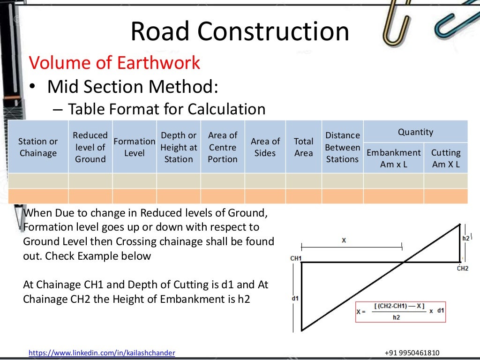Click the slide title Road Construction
(x=240, y=32)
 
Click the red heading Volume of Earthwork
(x=114, y=63)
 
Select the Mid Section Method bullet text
(x=133, y=87)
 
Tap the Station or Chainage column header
(x=38, y=147)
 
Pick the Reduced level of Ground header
(x=90, y=147)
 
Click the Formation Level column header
(x=135, y=147)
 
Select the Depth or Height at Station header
(x=179, y=147)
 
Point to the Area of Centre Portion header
(x=223, y=147)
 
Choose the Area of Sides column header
(x=265, y=147)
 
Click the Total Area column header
(x=303, y=147)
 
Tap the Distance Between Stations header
(x=343, y=147)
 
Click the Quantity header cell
(x=415, y=132)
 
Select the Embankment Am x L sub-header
(x=394, y=158)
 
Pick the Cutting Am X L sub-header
(x=446, y=158)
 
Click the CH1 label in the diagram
(x=296, y=258)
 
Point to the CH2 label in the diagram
(x=463, y=269)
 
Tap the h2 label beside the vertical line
(x=465, y=238)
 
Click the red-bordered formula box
(x=401, y=311)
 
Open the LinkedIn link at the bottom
(x=102, y=353)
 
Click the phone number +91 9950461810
(x=412, y=353)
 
